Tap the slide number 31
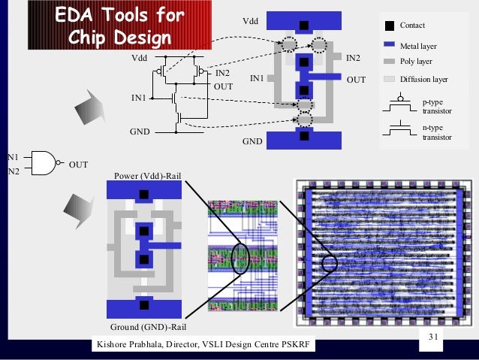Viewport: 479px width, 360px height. pyautogui.click(x=432, y=336)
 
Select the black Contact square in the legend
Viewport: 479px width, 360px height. pyautogui.click(x=389, y=26)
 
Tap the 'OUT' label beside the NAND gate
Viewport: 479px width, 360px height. pyautogui.click(x=79, y=164)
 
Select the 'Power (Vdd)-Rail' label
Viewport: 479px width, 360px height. pyautogui.click(x=149, y=176)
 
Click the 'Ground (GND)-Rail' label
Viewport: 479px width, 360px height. pyautogui.click(x=148, y=328)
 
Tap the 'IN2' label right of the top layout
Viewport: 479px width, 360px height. pyautogui.click(x=353, y=57)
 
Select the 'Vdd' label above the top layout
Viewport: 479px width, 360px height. pyautogui.click(x=249, y=21)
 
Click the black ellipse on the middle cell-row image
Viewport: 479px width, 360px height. pyautogui.click(x=240, y=258)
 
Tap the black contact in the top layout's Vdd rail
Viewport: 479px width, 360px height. pyautogui.click(x=303, y=25)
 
